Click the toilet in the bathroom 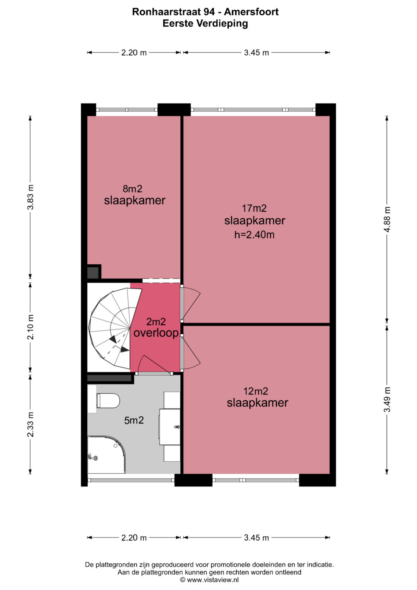tap(108, 401)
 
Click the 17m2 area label tap(254, 208)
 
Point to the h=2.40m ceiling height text tap(254, 235)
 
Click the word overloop tap(156, 333)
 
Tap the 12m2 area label tap(256, 391)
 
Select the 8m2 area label tap(132, 189)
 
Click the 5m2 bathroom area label tap(134, 420)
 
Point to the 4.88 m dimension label tap(387, 219)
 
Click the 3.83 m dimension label tap(31, 197)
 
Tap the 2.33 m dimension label tap(31, 424)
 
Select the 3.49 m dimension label tap(387, 400)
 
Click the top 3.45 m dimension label tap(256, 53)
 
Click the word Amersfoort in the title tap(251, 12)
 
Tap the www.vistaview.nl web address tap(213, 580)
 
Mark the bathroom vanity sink tap(170, 427)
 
